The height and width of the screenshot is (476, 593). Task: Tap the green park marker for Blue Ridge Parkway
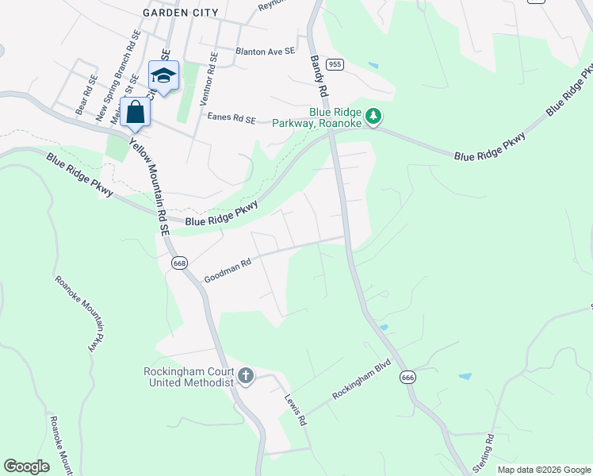tap(374, 117)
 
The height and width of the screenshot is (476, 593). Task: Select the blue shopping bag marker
tap(136, 113)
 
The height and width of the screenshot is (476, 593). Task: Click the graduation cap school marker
tap(163, 76)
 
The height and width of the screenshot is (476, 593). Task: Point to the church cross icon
tap(246, 375)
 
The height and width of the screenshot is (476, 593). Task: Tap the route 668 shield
tap(180, 263)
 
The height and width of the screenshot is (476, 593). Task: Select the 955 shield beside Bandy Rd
tap(335, 64)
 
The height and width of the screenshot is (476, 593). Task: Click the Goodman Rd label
tap(228, 274)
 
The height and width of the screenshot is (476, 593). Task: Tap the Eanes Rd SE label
tap(231, 118)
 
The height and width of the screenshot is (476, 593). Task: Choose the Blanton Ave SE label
tap(265, 50)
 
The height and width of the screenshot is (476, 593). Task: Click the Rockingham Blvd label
tap(362, 383)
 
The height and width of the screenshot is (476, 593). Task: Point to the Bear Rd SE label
tap(86, 95)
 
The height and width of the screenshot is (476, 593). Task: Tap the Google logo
tap(26, 466)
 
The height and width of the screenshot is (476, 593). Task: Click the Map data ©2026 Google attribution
tap(544, 470)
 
